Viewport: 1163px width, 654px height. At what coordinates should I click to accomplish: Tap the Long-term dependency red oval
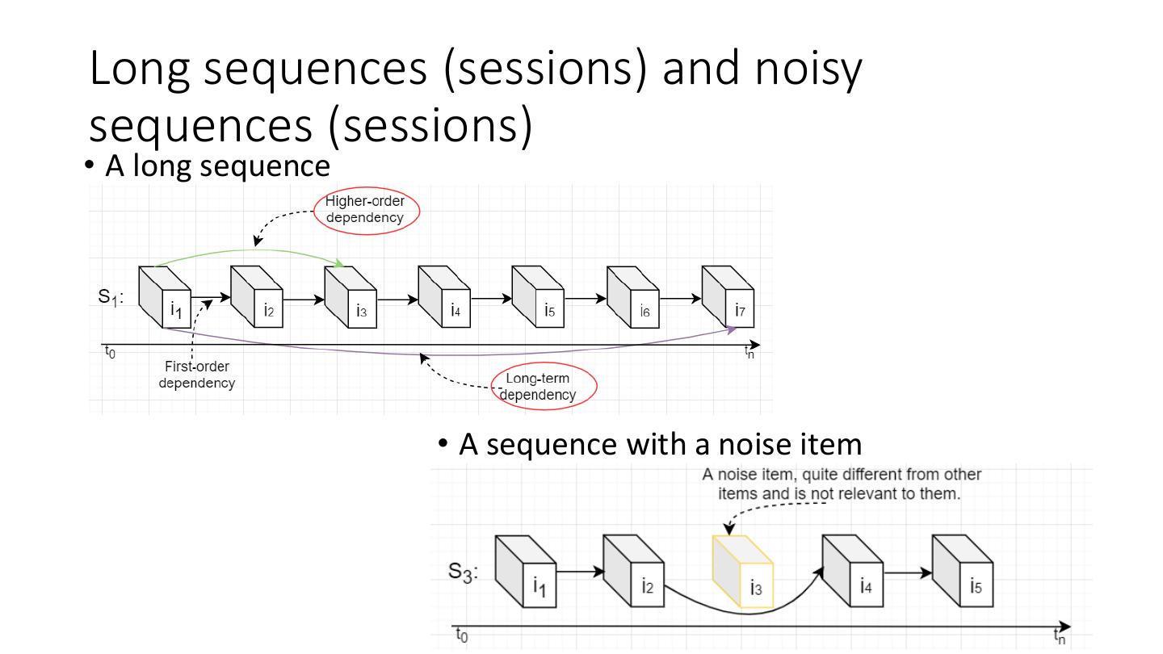pyautogui.click(x=544, y=388)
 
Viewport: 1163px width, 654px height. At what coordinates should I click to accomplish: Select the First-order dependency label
pyautogui.click(x=196, y=375)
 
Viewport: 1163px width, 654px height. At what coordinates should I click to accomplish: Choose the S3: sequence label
pyautogui.click(x=464, y=572)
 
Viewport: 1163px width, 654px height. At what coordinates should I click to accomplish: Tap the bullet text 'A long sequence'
pyautogui.click(x=217, y=166)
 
